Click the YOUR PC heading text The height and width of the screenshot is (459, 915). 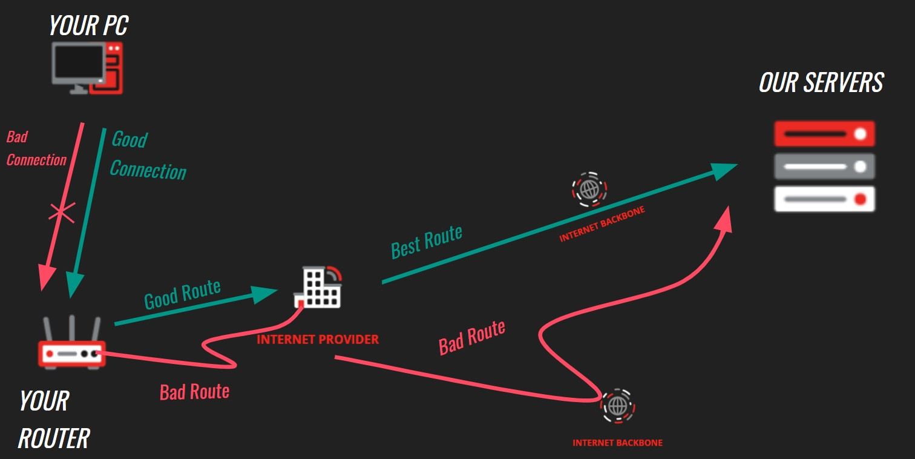pos(88,26)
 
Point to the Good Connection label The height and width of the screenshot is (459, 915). pos(147,156)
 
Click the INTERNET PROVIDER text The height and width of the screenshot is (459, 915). pos(318,339)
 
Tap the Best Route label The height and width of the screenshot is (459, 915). pos(426,241)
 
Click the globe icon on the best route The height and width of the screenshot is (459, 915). pos(589,189)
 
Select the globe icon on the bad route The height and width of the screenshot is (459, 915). pos(617,405)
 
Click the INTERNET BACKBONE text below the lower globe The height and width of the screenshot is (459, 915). pos(617,443)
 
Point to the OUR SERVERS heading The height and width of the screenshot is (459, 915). pos(821,83)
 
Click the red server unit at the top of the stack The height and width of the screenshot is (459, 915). pos(824,134)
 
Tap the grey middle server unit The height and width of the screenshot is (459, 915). pos(824,166)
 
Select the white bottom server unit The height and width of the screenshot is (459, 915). pos(824,199)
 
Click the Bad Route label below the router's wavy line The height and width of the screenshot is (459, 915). pos(194,392)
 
